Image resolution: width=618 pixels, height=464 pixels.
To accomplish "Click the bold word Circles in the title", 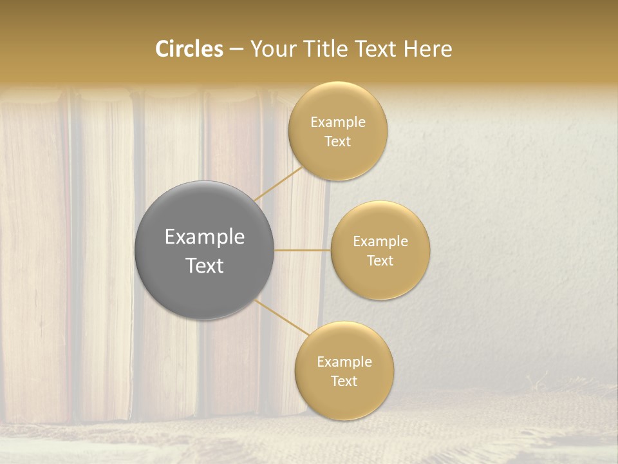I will [x=189, y=49].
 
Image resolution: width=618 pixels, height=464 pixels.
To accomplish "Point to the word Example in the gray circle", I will [x=204, y=237].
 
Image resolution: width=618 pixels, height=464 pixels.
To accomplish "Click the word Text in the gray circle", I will [x=204, y=266].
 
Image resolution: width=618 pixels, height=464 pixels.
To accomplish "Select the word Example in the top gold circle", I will [x=337, y=122].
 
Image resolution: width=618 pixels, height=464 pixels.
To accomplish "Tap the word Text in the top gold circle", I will [x=337, y=142].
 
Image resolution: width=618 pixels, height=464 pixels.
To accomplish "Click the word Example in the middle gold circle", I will [x=380, y=242].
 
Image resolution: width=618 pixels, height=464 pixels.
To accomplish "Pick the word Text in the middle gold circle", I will [x=380, y=261].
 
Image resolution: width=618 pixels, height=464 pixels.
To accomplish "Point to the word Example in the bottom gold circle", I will [x=344, y=362].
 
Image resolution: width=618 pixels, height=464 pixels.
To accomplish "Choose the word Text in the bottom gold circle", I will [x=344, y=382].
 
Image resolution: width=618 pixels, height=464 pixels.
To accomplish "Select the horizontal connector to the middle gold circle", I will [x=303, y=250].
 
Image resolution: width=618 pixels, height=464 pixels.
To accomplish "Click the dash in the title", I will [x=236, y=49].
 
